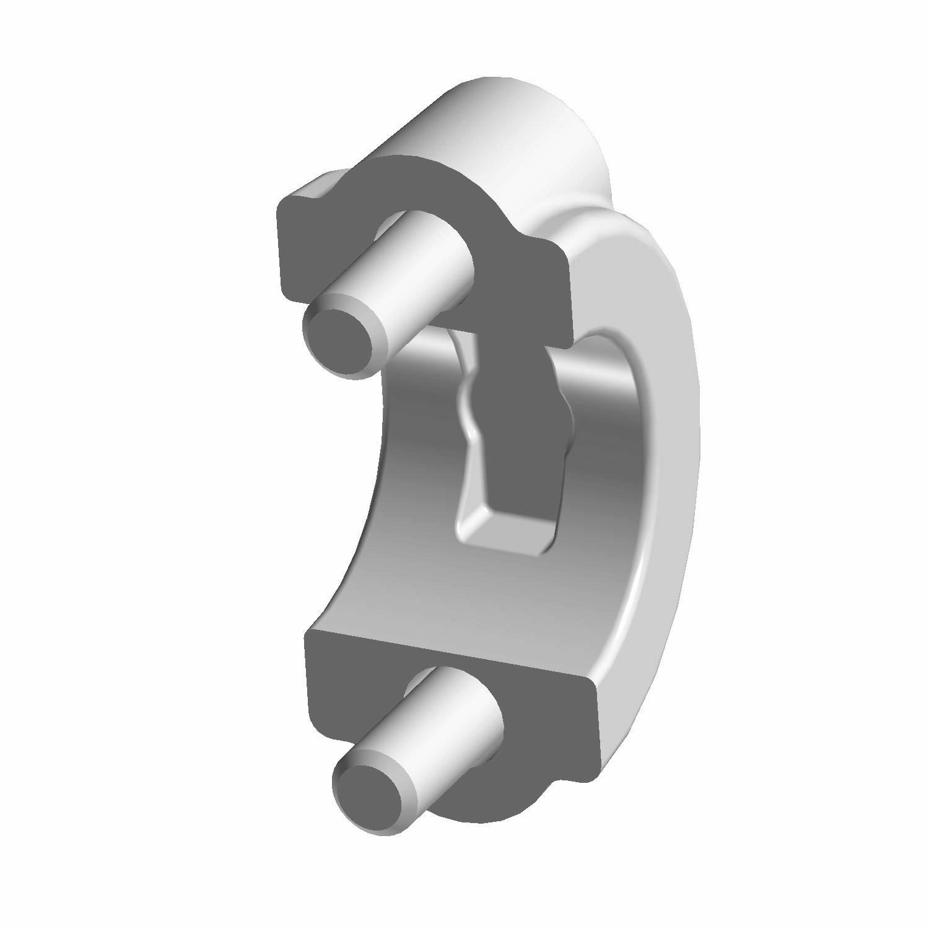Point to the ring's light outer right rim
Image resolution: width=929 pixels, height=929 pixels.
669,434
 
